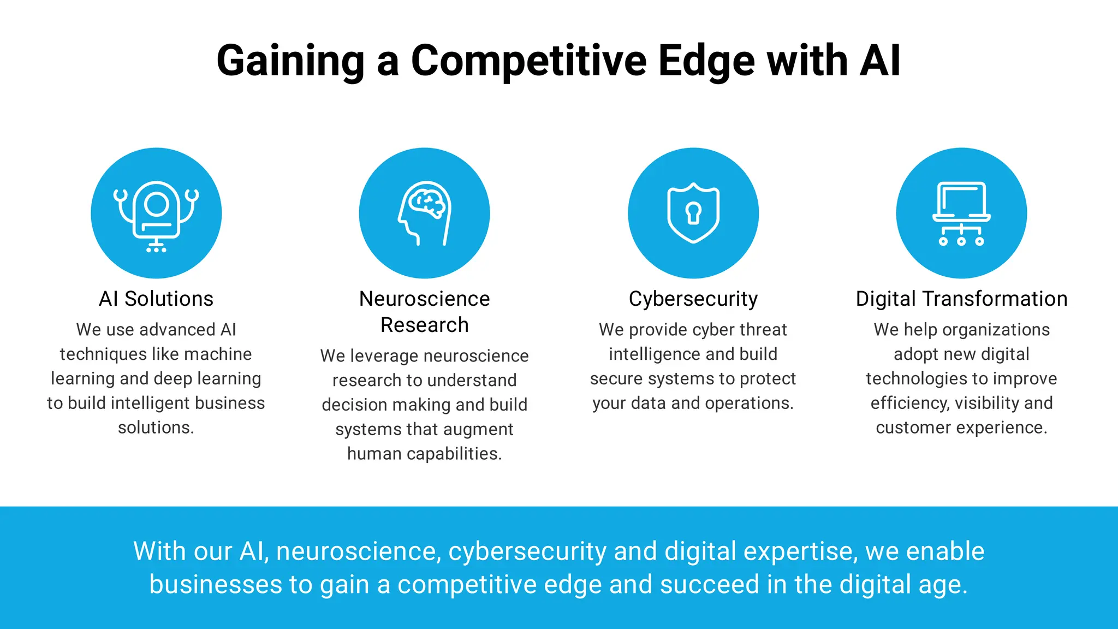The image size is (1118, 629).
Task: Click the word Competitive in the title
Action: [528, 61]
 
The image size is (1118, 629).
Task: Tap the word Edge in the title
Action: [706, 61]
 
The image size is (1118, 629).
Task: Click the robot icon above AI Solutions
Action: [156, 214]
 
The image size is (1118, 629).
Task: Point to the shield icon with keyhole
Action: [693, 213]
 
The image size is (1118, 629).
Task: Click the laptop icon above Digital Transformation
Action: [961, 213]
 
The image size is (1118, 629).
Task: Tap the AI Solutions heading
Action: [156, 299]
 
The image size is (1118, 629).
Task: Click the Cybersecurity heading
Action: [693, 299]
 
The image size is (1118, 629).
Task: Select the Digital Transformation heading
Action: [961, 299]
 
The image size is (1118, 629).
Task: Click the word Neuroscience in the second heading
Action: [425, 299]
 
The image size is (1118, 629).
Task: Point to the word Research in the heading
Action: [425, 325]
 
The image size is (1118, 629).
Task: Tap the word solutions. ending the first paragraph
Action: [156, 427]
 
